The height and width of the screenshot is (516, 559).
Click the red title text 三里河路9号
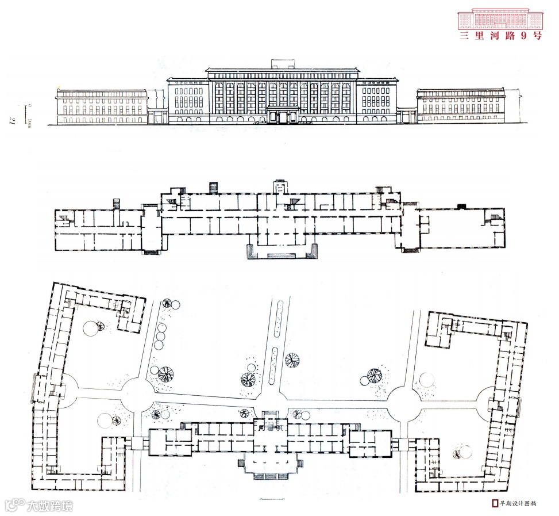pyautogui.click(x=500, y=35)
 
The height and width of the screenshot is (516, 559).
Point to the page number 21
pyautogui.click(x=11, y=119)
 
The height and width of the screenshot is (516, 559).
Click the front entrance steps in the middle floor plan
pyautogui.click(x=282, y=251)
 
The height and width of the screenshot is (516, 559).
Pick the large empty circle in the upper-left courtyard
pyautogui.click(x=91, y=329)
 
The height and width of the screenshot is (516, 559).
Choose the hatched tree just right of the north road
pyautogui.click(x=292, y=360)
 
